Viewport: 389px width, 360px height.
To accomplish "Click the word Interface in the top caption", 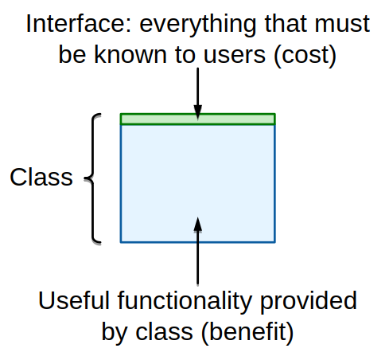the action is coord(79,24).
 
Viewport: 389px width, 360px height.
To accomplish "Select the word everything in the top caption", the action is coord(198,26).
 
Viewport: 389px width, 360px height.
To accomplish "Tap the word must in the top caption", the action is coord(342,24).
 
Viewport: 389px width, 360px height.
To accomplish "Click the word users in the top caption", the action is coord(235,57).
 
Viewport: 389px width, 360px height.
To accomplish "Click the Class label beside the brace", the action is coord(41,177).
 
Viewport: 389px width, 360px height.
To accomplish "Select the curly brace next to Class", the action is coord(93,178).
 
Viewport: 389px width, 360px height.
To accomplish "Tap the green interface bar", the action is coord(198,119).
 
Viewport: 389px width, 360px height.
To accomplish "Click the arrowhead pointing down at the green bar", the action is coord(198,112).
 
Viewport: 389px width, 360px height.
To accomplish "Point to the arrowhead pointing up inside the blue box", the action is coord(198,225).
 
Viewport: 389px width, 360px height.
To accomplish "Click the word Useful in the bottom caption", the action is coord(74,300).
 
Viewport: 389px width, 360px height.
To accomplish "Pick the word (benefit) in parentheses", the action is coord(247,332).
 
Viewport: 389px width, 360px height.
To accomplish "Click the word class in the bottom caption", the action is coord(164,331).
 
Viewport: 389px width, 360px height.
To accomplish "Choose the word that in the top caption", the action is coord(286,24).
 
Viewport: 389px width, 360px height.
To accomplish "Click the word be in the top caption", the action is coord(72,54).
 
